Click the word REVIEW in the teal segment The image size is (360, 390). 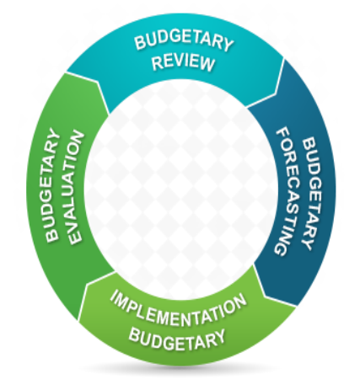tap(183, 62)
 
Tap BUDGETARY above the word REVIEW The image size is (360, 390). tap(184, 42)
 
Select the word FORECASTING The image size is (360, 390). tap(287, 192)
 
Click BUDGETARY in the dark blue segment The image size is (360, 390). tap(312, 193)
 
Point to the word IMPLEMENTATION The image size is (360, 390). tap(178, 311)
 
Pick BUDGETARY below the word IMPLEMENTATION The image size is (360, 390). tap(177, 339)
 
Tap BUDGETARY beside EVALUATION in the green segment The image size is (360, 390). tap(52, 184)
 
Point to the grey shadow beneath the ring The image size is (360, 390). tap(180, 370)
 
